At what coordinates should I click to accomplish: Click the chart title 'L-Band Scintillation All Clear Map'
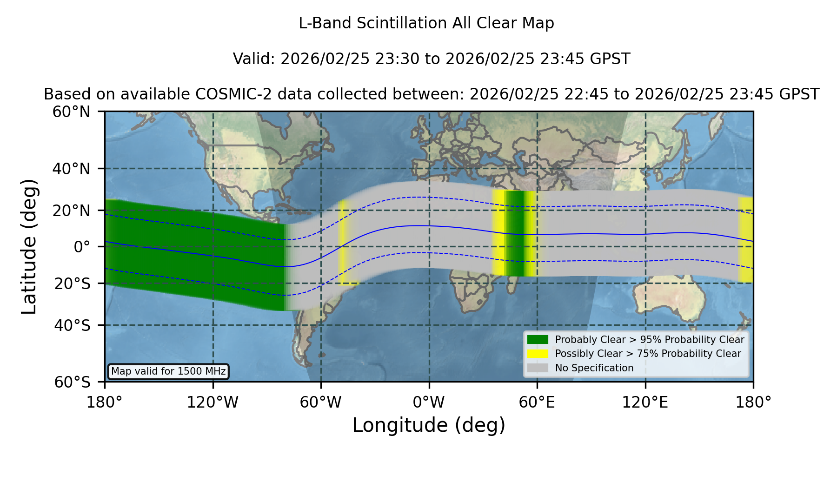(x=426, y=23)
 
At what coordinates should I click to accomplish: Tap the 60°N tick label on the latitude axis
(x=72, y=112)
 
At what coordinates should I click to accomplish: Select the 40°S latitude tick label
(x=72, y=325)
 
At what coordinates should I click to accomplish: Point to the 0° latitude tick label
(x=82, y=247)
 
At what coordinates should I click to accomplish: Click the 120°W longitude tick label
(x=213, y=402)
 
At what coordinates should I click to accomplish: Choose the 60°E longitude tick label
(x=537, y=402)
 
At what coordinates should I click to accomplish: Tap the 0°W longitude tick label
(x=429, y=402)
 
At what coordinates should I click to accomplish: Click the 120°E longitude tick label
(x=645, y=402)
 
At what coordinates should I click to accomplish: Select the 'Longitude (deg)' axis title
(x=429, y=425)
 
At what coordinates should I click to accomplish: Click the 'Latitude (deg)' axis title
(x=29, y=246)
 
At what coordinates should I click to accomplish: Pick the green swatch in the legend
(x=538, y=340)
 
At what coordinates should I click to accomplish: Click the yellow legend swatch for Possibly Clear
(x=538, y=354)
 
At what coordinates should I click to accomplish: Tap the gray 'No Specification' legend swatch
(x=538, y=368)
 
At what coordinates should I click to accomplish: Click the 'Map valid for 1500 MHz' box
(x=168, y=371)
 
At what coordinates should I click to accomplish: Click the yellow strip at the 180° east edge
(x=746, y=240)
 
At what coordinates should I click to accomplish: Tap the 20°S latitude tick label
(x=72, y=284)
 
